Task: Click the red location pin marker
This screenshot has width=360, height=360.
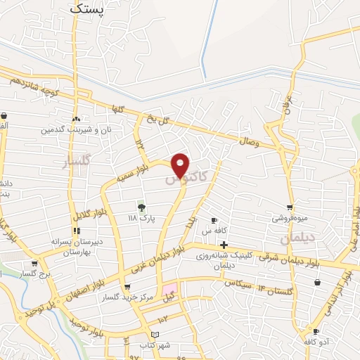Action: [x=181, y=165]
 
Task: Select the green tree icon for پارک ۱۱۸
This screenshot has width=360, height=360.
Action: [x=141, y=207]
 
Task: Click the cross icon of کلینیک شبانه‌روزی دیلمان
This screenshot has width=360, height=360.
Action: [x=224, y=245]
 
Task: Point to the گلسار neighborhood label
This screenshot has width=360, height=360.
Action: [x=78, y=162]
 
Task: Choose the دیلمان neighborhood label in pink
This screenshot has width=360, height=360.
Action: [x=295, y=239]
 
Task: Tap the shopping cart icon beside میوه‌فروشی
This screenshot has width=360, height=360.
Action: [x=289, y=207]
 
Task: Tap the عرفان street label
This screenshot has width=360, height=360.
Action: [x=286, y=108]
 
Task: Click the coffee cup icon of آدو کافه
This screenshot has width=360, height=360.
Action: [x=316, y=331]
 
